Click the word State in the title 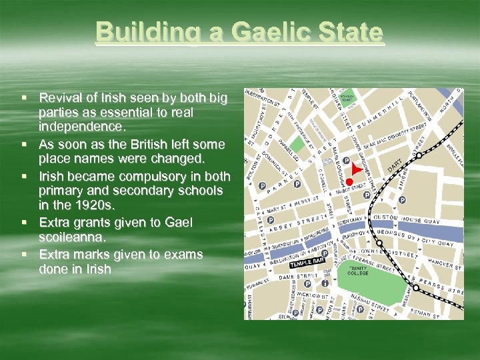(353, 32)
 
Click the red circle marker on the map (349, 182)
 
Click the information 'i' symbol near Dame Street (325, 283)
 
